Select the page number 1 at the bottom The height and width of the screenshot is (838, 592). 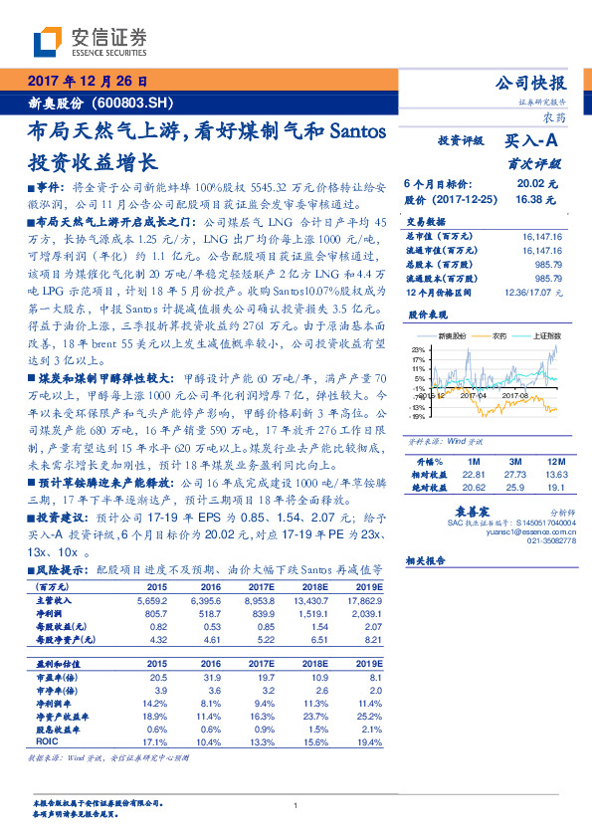click(x=296, y=806)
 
